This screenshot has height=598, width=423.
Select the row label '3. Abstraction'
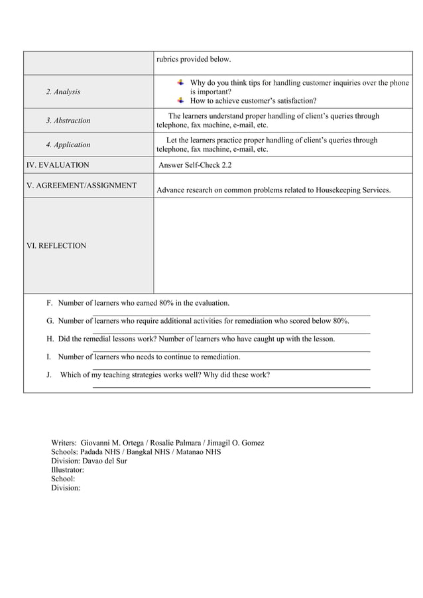click(x=68, y=121)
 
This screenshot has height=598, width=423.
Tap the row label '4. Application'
click(x=68, y=145)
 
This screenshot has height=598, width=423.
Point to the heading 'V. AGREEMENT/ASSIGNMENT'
click(x=82, y=186)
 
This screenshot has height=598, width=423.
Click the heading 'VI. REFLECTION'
click(x=56, y=246)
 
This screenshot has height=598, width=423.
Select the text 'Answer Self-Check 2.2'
click(x=196, y=165)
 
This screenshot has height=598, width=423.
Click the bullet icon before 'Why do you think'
click(x=180, y=83)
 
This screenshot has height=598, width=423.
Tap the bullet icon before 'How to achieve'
click(x=180, y=101)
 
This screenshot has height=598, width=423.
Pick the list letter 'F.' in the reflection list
click(x=50, y=303)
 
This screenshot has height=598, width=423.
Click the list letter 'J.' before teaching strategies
click(x=50, y=375)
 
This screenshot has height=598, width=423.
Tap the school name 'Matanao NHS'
click(x=200, y=452)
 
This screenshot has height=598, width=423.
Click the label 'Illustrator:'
click(x=68, y=469)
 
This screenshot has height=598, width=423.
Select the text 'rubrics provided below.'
click(x=194, y=60)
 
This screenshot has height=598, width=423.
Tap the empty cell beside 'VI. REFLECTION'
click(x=283, y=246)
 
